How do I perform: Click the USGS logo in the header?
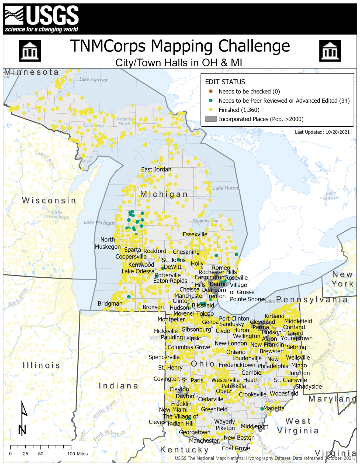(42, 19)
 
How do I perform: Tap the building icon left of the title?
(30, 51)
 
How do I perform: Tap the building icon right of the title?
(330, 51)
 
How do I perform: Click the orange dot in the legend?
(211, 91)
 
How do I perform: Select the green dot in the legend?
(211, 101)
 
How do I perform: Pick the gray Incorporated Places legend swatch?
(211, 119)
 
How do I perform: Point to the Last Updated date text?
(322, 132)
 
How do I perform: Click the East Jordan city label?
(156, 169)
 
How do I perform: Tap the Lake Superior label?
(93, 80)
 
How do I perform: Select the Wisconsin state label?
(49, 200)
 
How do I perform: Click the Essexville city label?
(195, 234)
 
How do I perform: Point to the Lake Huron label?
(226, 188)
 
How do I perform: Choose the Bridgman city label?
(110, 303)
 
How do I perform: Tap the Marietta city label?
(274, 408)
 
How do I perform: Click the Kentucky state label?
(185, 449)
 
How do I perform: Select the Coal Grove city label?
(236, 448)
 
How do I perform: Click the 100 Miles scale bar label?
(77, 454)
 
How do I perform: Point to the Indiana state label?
(118, 386)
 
